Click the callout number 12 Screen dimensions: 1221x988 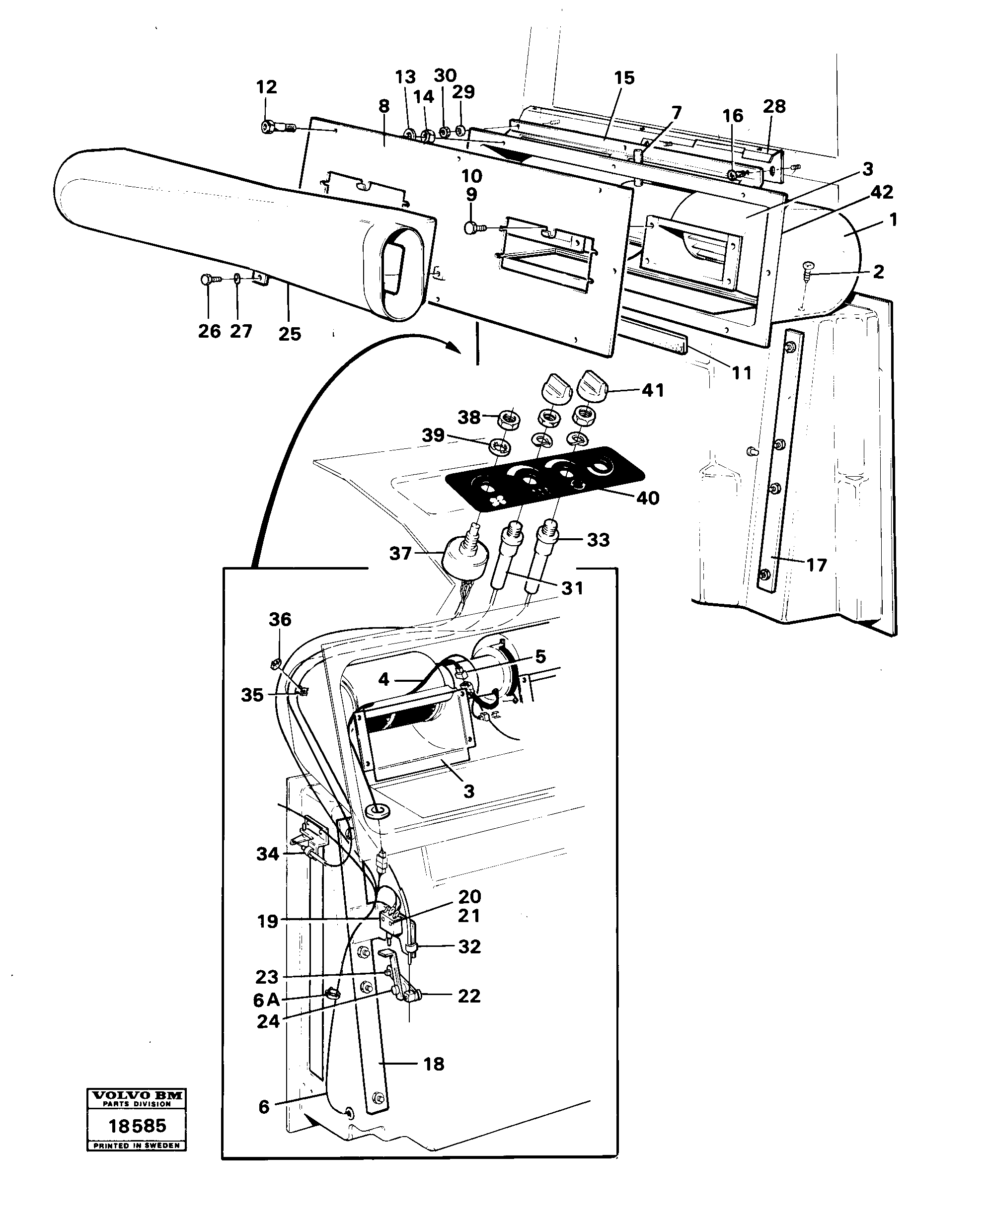pos(266,87)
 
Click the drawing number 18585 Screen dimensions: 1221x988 pos(137,1126)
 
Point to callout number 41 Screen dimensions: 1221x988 pos(653,390)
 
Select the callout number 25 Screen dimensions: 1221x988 pos(289,334)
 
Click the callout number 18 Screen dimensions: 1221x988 pos(434,1064)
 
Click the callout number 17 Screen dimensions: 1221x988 pos(816,565)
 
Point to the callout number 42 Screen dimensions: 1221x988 pos(882,192)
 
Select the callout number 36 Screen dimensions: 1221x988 pos(280,619)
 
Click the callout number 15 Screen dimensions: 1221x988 pos(624,78)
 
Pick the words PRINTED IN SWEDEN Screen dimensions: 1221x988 pos(137,1146)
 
